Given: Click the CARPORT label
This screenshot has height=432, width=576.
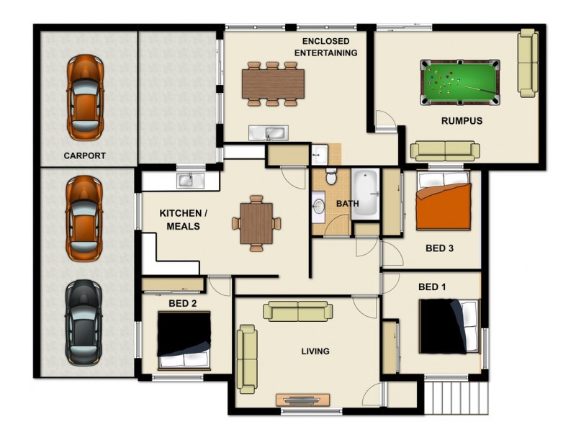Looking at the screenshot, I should pos(84,156).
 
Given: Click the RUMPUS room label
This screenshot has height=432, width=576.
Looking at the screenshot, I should pos(462,121).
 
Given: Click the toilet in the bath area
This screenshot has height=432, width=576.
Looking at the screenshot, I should pos(331,176).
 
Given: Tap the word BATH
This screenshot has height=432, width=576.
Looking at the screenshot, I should pos(348,204).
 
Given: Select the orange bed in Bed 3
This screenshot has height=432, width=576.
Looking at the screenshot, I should pos(444,202).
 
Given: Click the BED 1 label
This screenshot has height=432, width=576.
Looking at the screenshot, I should pos(432,287).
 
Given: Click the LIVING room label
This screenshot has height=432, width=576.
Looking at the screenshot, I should pos(315,351).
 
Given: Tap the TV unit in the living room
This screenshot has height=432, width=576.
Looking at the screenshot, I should pos(302,400).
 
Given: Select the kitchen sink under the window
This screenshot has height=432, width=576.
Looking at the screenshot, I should pos(186,180).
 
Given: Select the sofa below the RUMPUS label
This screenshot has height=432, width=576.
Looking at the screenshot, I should pos(445,150).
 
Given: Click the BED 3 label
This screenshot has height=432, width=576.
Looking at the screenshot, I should pos(439,248).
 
